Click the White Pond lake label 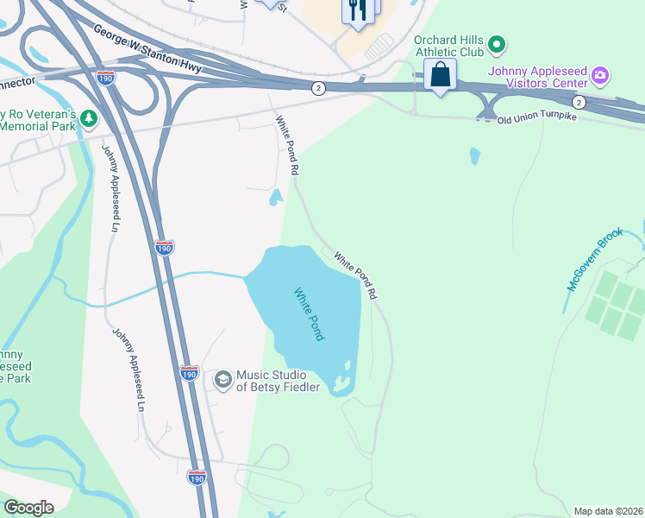tap(309, 313)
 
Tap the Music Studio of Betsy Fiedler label tap(278, 381)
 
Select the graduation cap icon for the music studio tap(223, 380)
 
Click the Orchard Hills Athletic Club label tap(447, 46)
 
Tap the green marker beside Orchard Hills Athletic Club tap(496, 43)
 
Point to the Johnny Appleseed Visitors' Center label tap(536, 77)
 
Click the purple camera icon tap(601, 77)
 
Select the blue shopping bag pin tap(441, 76)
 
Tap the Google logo tap(28, 508)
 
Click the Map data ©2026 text tap(608, 511)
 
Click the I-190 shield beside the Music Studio tap(190, 373)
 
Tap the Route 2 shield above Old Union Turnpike tap(579, 103)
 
